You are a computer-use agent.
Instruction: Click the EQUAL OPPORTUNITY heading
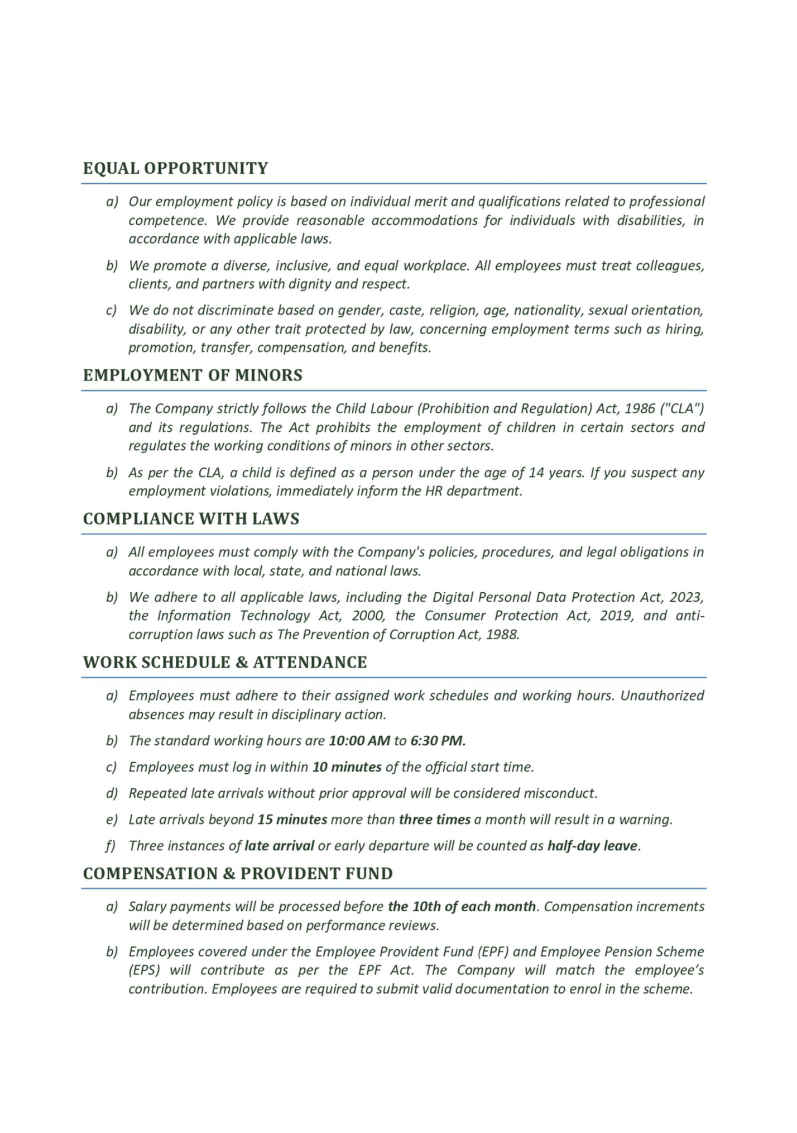coord(175,168)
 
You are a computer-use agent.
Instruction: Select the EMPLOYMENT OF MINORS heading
coord(193,375)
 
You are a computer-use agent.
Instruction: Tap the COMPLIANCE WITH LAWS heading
coord(191,518)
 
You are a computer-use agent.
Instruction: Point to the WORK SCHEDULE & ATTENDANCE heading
coord(225,662)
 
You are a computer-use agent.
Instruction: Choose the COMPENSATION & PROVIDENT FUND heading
coord(238,873)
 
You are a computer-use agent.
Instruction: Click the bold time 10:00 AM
coord(359,741)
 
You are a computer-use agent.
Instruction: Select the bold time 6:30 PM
coord(438,741)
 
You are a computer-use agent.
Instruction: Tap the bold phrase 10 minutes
coord(347,767)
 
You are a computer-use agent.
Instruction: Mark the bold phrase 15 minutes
coord(292,820)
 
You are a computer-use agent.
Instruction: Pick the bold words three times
coord(434,820)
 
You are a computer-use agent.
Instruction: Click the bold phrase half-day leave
coord(592,846)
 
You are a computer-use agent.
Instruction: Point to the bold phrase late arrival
coord(279,846)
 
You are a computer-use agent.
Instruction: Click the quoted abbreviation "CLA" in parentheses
coord(681,408)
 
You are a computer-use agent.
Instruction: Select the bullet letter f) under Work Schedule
coord(111,846)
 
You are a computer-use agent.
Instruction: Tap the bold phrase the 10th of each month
coord(462,906)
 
